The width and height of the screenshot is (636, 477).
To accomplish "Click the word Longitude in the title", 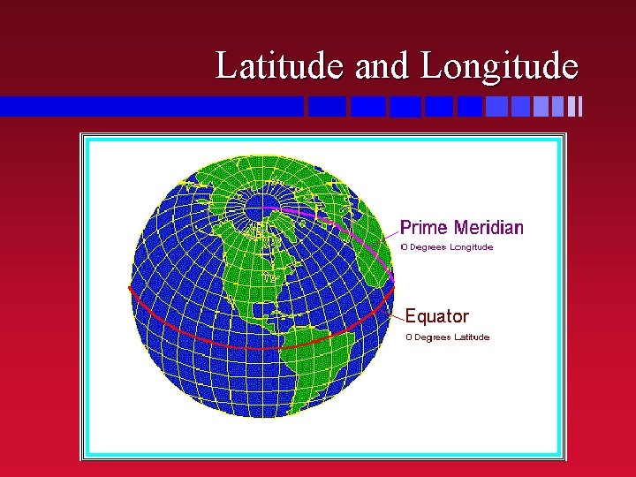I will pos(500,65).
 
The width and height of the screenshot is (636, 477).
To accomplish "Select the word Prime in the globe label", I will pos(425,228).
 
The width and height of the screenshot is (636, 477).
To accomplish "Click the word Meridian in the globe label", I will pos(488,228).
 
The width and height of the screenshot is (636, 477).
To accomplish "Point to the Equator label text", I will pos(436,316).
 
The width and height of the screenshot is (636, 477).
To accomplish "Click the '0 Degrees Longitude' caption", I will pos(447,247).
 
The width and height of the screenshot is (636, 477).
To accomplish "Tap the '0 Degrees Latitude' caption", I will pos(447,337).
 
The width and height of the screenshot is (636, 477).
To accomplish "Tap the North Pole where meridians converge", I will pos(256,208).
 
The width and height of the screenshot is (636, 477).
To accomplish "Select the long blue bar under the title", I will pos(150,107).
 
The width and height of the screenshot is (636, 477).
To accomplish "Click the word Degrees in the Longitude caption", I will pos(428,247).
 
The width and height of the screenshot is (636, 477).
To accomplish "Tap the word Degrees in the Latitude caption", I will pos(432,337).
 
